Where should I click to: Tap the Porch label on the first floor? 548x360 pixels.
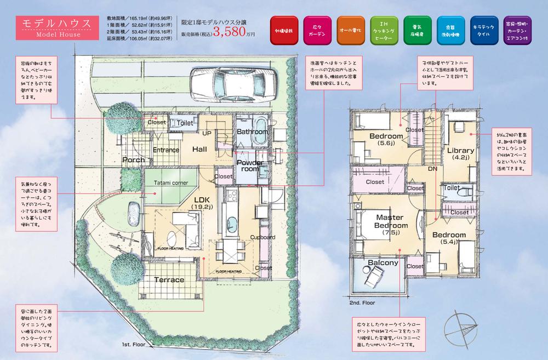(134, 160)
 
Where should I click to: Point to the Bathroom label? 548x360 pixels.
(252, 132)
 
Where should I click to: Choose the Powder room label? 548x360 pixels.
(250, 166)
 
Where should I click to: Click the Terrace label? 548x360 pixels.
(169, 280)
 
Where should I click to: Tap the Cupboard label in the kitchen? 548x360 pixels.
(262, 237)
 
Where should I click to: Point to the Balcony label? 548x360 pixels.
(383, 263)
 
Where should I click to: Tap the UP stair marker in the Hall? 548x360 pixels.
(208, 133)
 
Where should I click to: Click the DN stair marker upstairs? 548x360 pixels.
(432, 169)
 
